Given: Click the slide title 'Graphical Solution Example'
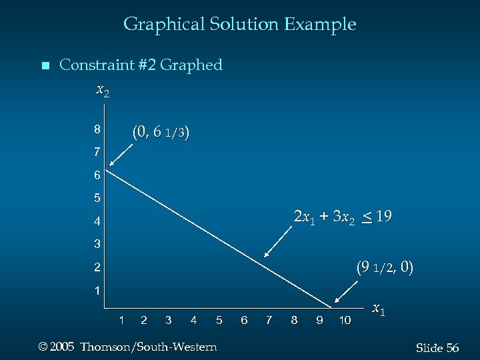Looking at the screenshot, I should click(239, 25).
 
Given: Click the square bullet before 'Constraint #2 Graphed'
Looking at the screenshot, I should click(45, 66).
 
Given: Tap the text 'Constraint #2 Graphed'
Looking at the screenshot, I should click(141, 65).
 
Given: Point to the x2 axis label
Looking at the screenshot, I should click(103, 89).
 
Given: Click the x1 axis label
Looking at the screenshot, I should click(378, 309).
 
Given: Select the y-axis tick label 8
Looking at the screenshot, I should click(97, 129).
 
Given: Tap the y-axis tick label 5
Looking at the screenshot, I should click(97, 198).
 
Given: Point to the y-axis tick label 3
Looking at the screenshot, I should click(97, 243).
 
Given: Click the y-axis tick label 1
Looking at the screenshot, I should click(97, 291).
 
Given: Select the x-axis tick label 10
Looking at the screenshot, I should click(345, 321).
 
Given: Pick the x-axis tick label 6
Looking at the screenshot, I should click(244, 321).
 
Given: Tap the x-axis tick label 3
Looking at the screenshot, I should click(168, 321).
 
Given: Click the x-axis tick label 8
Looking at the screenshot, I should click(294, 321).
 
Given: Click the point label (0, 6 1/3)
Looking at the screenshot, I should click(161, 132).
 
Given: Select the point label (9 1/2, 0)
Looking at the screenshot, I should click(385, 268).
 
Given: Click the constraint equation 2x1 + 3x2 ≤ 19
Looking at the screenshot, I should click(342, 217).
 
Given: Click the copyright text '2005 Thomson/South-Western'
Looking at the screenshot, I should click(128, 347).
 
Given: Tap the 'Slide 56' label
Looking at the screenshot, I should click(437, 348).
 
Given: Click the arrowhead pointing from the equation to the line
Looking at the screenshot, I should click(266, 255).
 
